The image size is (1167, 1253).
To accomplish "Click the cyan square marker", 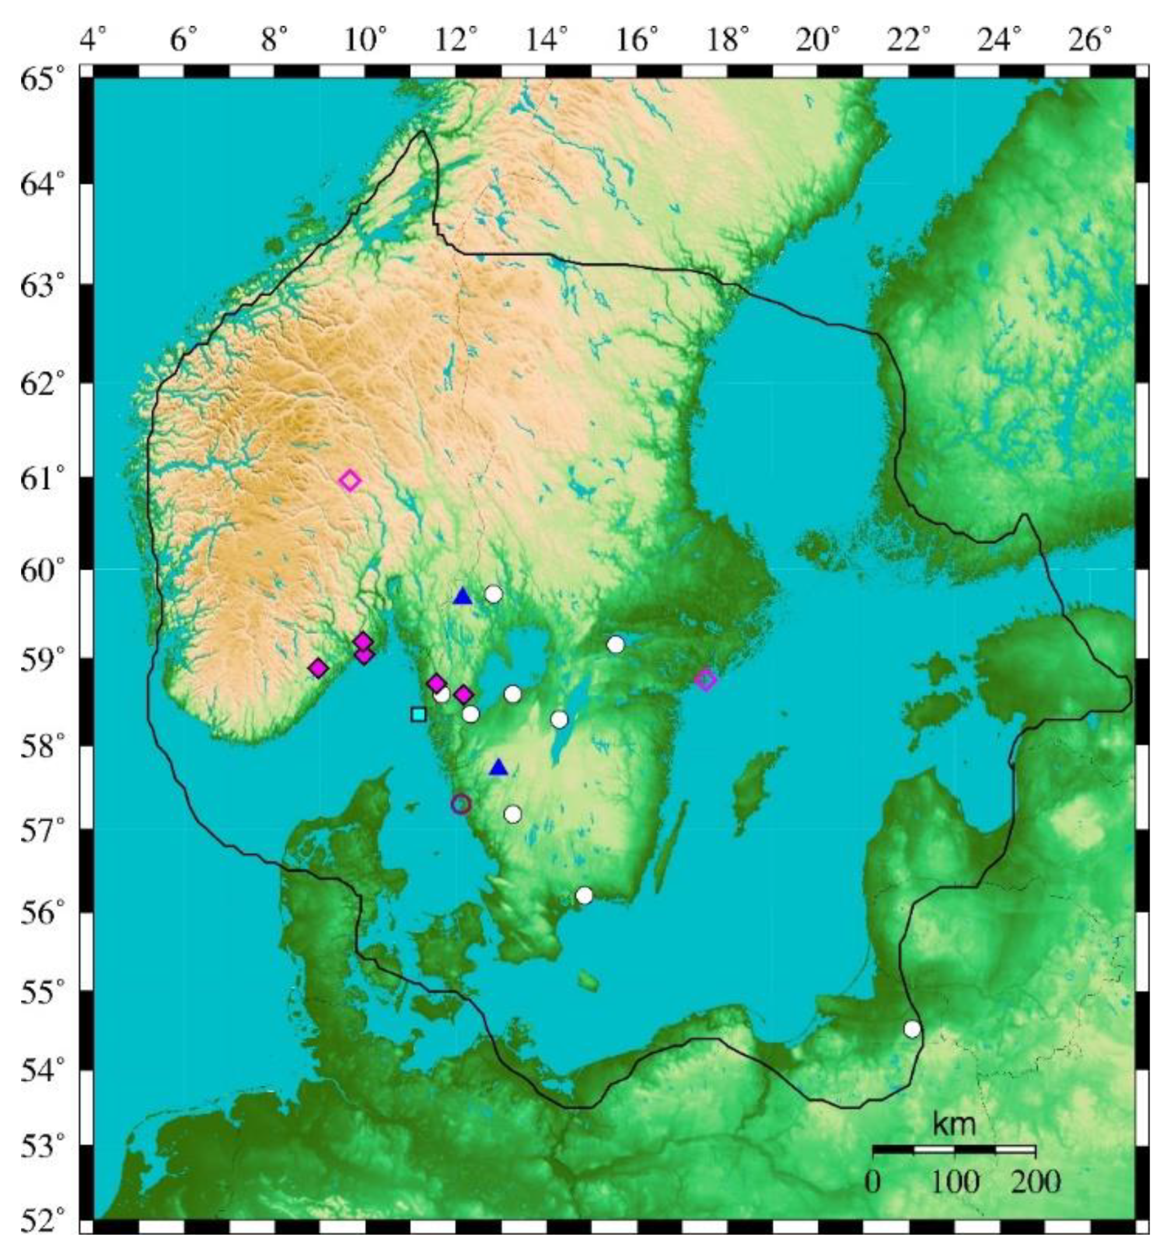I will click(x=418, y=714).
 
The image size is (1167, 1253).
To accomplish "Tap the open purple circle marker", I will click(x=461, y=803).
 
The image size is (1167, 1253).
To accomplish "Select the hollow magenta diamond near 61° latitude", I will click(x=350, y=481).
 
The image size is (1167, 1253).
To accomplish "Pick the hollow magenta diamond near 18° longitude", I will click(x=705, y=680).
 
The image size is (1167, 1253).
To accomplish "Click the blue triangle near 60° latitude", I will click(x=463, y=596).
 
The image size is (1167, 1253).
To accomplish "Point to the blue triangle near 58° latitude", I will click(x=499, y=767).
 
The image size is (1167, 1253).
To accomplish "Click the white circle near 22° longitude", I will click(x=911, y=1029).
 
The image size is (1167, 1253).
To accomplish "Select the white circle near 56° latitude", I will click(x=584, y=895).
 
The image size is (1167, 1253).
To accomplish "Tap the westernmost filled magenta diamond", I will click(x=319, y=668).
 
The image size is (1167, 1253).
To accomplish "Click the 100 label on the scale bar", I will click(x=954, y=1182).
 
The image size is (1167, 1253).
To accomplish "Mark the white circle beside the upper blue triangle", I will click(x=493, y=594).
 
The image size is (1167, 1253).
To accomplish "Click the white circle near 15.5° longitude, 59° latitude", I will click(x=616, y=644).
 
